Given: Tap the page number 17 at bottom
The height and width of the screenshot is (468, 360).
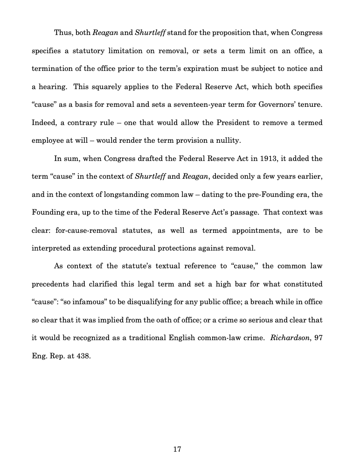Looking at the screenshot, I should coord(177,449).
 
